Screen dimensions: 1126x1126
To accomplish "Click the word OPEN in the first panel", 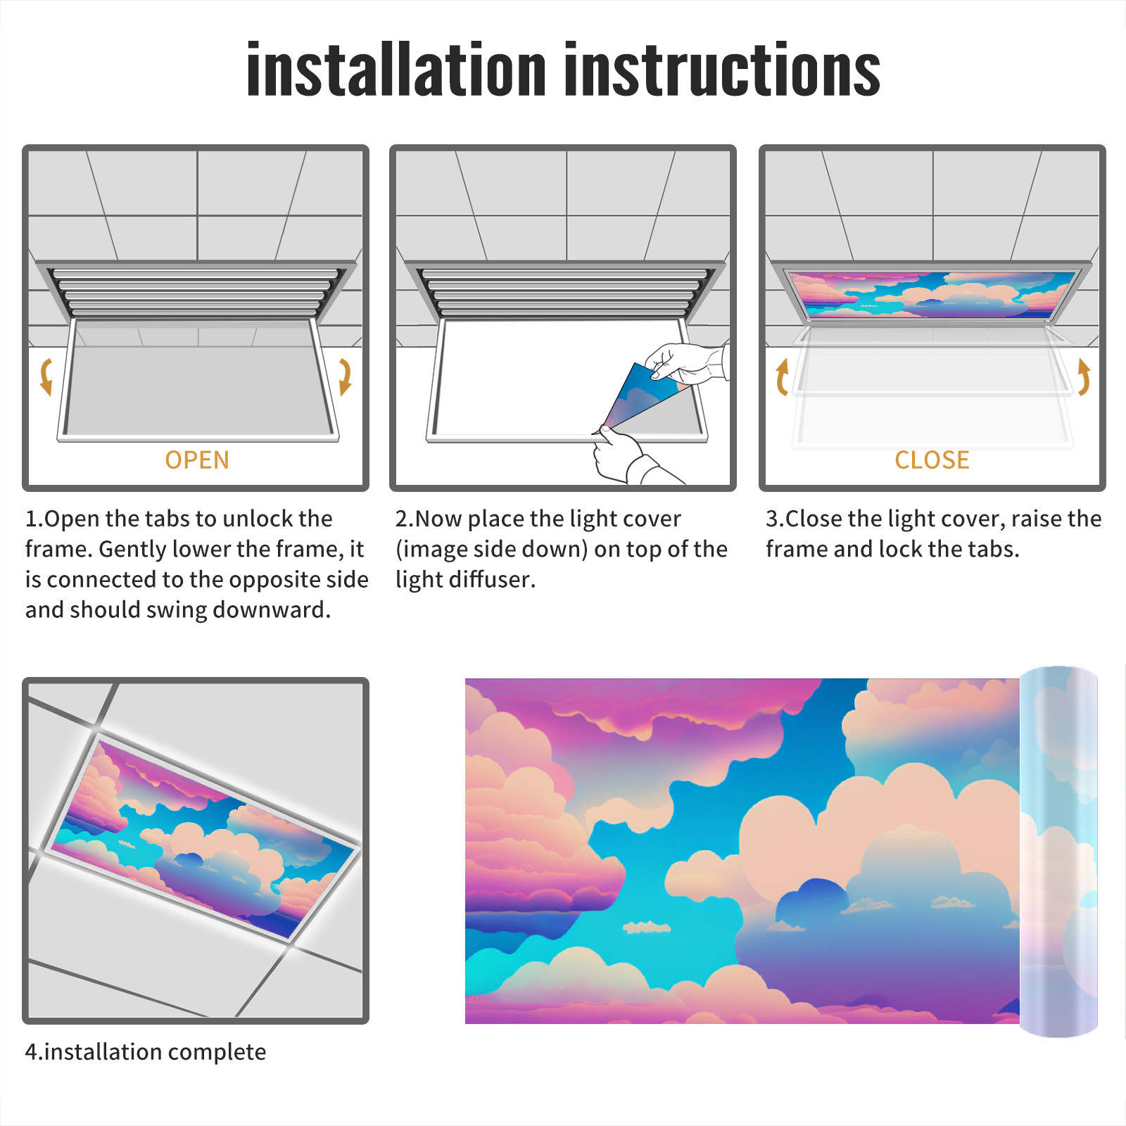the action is coord(197,460).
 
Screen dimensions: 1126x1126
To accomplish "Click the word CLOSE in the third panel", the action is coord(932,460).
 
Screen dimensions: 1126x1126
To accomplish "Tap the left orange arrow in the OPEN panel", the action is coord(46,377).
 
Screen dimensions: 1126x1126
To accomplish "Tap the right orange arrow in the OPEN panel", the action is coord(345,377).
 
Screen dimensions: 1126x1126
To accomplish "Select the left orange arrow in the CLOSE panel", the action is coord(781,377).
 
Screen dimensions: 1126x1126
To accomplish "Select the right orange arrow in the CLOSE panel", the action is coord(1084,377).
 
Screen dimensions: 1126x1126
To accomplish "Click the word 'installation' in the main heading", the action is coord(396,69).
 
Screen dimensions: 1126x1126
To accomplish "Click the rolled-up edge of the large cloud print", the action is coord(1058,852).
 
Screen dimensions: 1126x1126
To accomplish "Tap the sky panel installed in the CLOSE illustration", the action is coord(932,294).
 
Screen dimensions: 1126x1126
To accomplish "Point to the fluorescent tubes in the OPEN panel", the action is coord(196,292).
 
